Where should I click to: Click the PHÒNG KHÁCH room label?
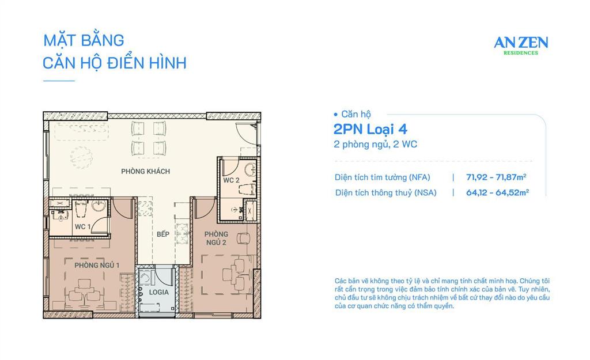point(145,172)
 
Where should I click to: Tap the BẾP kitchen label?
point(162,234)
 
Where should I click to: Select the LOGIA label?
point(158,292)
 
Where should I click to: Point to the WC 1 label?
point(82,227)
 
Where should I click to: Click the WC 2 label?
point(232,180)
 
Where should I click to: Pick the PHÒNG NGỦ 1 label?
point(96,265)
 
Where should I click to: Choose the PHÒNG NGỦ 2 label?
point(215,238)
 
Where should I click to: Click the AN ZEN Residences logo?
point(521,44)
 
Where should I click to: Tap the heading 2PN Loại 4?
point(373,129)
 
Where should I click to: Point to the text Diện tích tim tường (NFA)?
point(383,177)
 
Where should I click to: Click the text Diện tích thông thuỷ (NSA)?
point(385,193)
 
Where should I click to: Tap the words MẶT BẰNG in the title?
point(84,41)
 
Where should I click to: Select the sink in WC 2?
point(249,169)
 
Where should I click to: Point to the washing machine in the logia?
point(147,278)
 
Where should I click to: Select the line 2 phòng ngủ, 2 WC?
point(375,145)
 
